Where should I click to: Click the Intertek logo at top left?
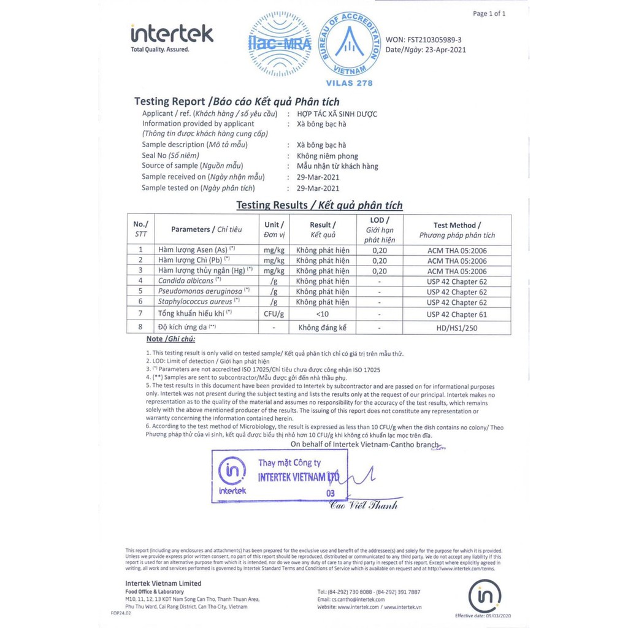pos(171,36)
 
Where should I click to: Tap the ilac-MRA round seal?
pos(280,43)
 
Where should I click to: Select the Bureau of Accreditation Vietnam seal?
pos(350,44)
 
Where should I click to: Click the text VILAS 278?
pos(350,83)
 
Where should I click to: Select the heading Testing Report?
pos(169,101)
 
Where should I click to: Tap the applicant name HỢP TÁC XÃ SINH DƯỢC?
pos(337,113)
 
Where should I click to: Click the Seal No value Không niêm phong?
pos(327,156)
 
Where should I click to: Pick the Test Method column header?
pos(457,229)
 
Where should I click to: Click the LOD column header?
pos(380,229)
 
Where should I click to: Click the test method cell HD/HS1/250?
pos(457,328)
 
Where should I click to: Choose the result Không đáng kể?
pos(322,328)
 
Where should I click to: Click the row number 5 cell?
pos(140,291)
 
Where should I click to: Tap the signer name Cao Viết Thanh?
pos(363,505)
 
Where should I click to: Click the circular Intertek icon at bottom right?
pos(484,595)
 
